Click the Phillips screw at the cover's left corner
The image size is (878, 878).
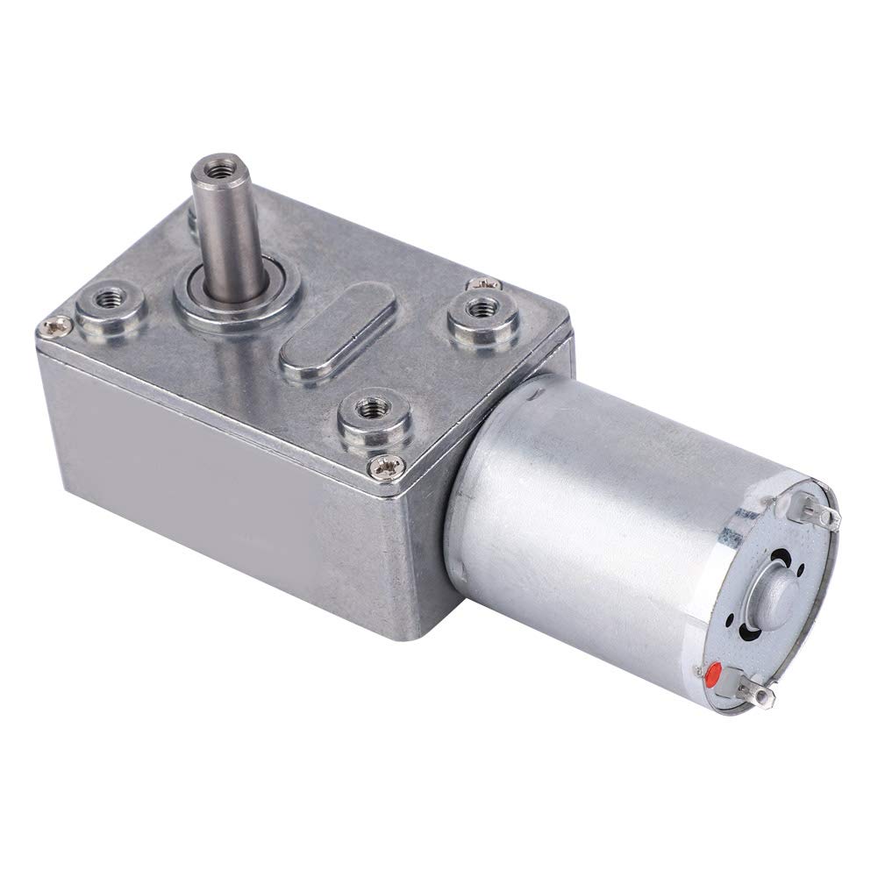coord(50,327)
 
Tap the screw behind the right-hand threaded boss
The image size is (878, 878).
coord(485,282)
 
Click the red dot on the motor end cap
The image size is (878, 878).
coord(711,675)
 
